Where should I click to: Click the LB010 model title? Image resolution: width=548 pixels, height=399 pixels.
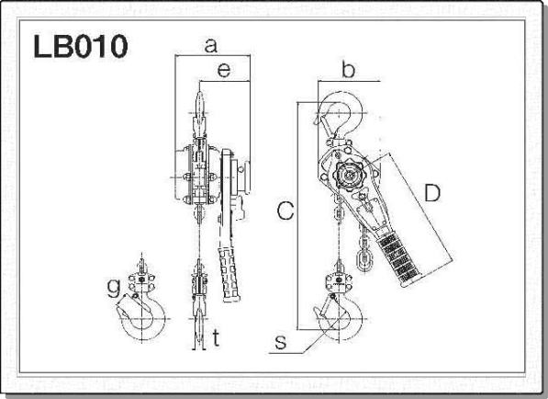pyautogui.click(x=81, y=46)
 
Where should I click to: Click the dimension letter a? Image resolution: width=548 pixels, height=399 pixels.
pyautogui.click(x=211, y=46)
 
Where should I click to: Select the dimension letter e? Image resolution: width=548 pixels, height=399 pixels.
pyautogui.click(x=224, y=70)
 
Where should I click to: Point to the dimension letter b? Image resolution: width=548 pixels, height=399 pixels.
pyautogui.click(x=348, y=69)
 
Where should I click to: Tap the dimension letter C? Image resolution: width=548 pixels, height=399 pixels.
pyautogui.click(x=285, y=211)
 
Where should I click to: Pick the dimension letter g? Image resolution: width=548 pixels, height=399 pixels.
pyautogui.click(x=114, y=288)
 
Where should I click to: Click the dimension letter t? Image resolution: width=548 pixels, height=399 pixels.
pyautogui.click(x=217, y=337)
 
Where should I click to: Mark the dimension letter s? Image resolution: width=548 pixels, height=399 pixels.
pyautogui.click(x=281, y=342)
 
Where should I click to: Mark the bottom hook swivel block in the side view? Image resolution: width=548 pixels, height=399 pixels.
pyautogui.click(x=339, y=282)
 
